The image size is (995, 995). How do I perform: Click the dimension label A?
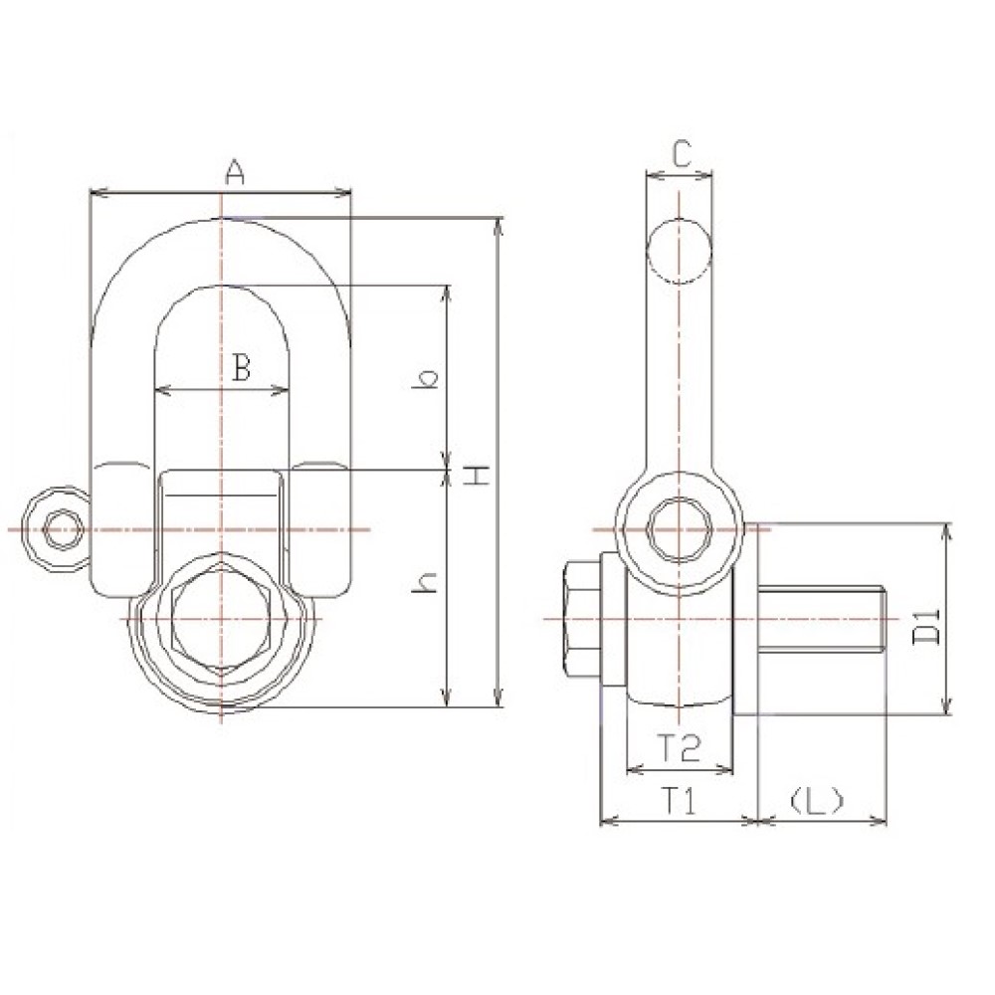click(235, 172)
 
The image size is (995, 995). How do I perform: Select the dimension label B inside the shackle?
click(241, 367)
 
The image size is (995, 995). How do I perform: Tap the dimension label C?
click(681, 154)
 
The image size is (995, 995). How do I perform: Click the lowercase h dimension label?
click(425, 582)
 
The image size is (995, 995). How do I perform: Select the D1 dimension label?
click(925, 626)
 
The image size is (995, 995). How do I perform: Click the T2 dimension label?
click(678, 747)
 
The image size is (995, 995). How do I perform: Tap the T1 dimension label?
click(679, 801)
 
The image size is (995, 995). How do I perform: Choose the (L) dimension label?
click(817, 801)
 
